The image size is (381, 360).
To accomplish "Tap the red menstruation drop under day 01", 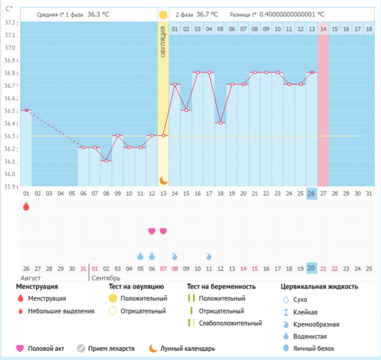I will click(26, 206).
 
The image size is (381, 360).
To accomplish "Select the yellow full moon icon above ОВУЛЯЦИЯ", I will click(163, 15).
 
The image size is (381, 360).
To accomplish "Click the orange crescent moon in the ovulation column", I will click(163, 180).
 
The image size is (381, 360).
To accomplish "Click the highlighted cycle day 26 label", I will click(312, 194).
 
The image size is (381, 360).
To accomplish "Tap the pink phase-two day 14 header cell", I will click(323, 28).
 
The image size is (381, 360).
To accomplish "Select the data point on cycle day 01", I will click(26, 110).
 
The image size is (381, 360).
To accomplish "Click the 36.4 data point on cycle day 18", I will click(220, 122).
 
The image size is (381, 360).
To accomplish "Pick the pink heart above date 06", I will click(151, 231).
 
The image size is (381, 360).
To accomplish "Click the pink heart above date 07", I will click(163, 231).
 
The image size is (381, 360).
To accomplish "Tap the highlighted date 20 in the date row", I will click(312, 268).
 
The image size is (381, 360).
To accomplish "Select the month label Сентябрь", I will click(106, 278).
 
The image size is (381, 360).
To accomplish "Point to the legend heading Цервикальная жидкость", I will click(319, 287).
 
